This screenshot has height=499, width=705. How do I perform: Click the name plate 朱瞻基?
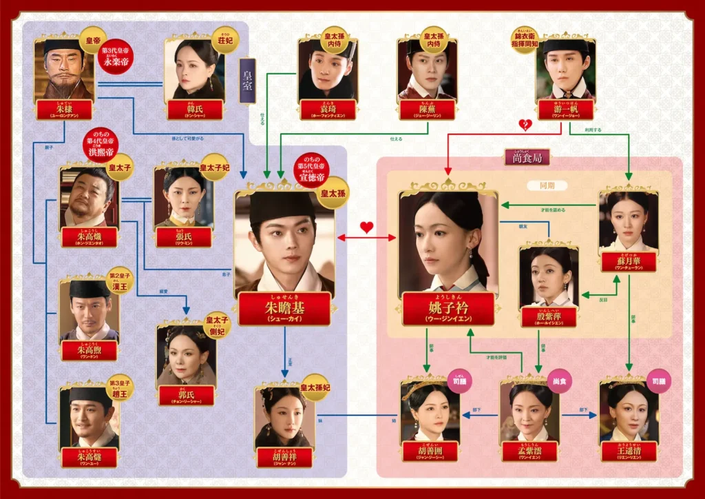(284, 308)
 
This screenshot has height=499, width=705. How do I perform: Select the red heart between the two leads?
(367, 227)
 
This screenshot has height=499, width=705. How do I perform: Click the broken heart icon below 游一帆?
(525, 125)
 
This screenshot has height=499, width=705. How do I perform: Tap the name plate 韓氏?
(195, 110)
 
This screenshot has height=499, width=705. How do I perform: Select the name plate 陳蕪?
(427, 110)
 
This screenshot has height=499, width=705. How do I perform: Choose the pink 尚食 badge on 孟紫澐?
(560, 380)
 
